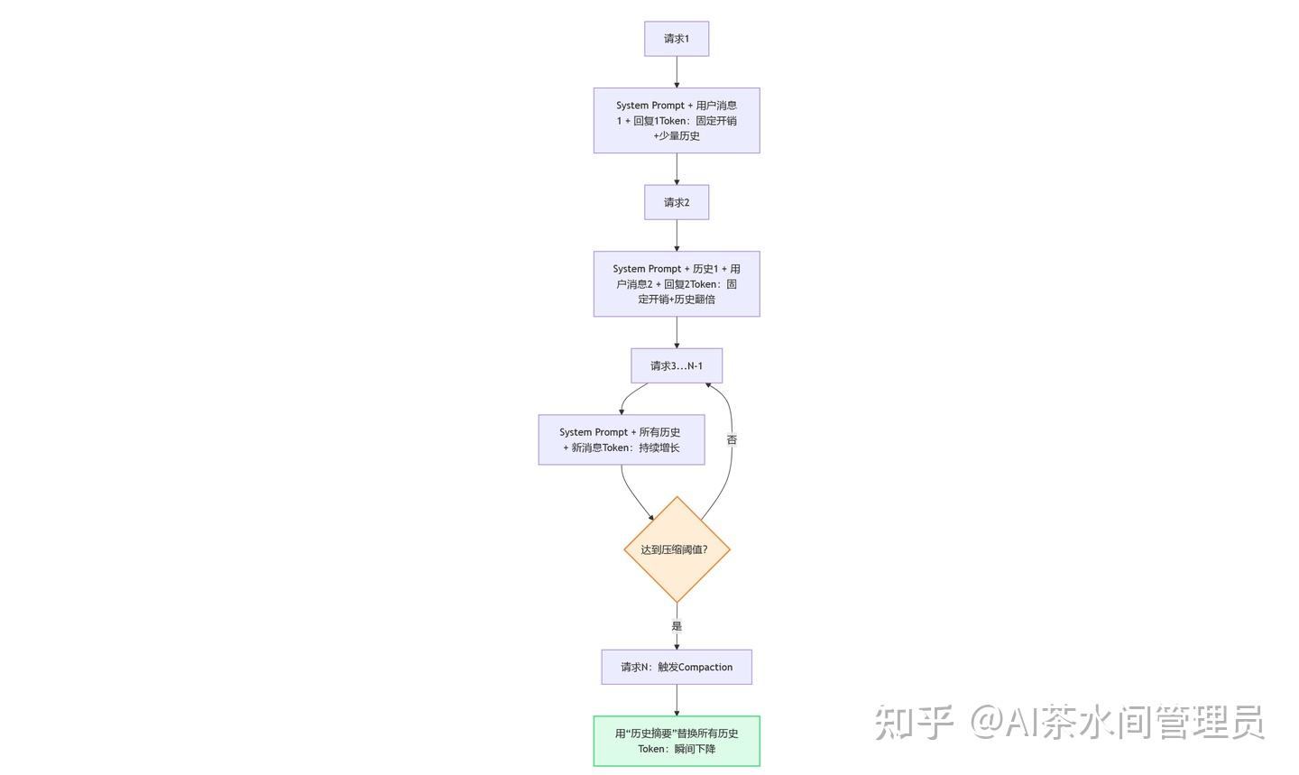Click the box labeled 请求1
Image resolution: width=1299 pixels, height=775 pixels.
[x=677, y=39]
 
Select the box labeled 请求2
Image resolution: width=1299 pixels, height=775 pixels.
[x=677, y=202]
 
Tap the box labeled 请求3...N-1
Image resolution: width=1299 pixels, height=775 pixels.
[x=677, y=365]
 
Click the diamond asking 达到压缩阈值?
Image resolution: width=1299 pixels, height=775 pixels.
[x=677, y=549]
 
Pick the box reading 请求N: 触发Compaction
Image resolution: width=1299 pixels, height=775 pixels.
[x=677, y=667]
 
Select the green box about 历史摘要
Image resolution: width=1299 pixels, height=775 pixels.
[x=677, y=741]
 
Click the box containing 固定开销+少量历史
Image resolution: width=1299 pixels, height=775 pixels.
[x=677, y=121]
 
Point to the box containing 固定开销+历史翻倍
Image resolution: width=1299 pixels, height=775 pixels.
[x=677, y=283]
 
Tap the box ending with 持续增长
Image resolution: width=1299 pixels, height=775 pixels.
[x=621, y=439]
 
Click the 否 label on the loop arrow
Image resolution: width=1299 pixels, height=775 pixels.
[x=732, y=439]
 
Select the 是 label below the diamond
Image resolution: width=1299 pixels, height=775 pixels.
[x=677, y=626]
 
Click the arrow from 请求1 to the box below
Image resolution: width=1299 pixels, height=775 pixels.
[x=677, y=72]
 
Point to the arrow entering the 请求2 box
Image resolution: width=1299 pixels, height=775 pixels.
[x=677, y=170]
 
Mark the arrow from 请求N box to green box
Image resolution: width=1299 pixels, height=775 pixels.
[x=677, y=700]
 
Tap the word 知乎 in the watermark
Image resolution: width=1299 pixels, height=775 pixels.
[x=914, y=722]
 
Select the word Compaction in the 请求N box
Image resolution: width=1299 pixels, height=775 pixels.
[x=705, y=667]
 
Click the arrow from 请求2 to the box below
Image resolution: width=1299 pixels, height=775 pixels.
[x=677, y=235]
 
